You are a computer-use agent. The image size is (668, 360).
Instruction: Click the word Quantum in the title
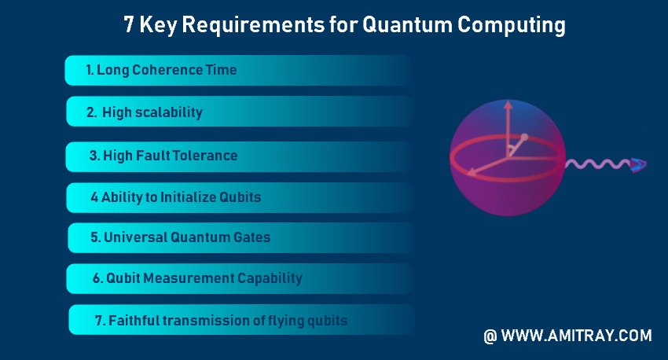[407, 24]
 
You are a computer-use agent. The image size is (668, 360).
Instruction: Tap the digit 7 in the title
[129, 24]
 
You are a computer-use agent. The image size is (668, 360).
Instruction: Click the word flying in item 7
[287, 321]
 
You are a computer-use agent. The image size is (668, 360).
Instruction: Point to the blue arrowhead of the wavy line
[639, 164]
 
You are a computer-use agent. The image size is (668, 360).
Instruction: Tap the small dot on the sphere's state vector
[524, 137]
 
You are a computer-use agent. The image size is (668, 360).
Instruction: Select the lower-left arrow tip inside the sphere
[470, 173]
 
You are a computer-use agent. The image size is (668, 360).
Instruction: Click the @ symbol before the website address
[490, 336]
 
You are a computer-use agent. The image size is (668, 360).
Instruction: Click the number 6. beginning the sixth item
[98, 278]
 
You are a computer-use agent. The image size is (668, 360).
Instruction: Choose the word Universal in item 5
[135, 237]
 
